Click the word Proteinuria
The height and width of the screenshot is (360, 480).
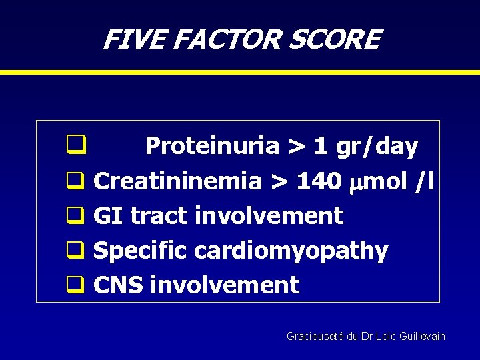[x=211, y=146]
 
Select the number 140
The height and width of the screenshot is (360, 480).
[x=319, y=181]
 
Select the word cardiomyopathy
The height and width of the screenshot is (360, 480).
[x=291, y=251]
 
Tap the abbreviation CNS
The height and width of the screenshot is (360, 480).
[x=119, y=285]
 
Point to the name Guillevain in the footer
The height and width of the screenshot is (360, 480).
[x=421, y=337]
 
